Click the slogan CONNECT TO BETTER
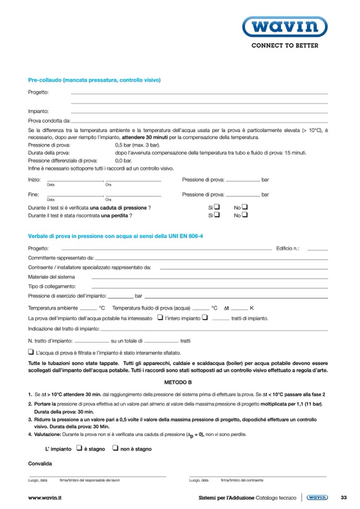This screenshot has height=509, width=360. (x=285, y=46)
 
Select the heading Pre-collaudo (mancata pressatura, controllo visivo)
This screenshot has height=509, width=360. (x=94, y=80)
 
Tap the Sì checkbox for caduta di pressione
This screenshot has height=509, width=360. (x=217, y=207)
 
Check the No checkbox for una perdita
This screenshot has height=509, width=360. (x=245, y=215)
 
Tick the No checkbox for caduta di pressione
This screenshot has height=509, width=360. (x=245, y=207)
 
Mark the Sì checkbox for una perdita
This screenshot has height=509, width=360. (x=217, y=215)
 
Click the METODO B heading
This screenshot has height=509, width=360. (x=178, y=382)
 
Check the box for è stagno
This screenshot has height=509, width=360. (x=79, y=448)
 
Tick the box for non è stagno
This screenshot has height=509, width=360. (x=115, y=448)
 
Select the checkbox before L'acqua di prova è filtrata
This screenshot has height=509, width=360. (x=31, y=351)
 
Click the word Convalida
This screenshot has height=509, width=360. (x=40, y=463)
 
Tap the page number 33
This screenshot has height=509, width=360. (x=343, y=497)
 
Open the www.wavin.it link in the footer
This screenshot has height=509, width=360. (x=45, y=497)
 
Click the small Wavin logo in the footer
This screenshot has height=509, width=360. (x=318, y=497)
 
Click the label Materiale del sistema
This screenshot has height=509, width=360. (x=51, y=277)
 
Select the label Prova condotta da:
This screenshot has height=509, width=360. (x=49, y=120)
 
